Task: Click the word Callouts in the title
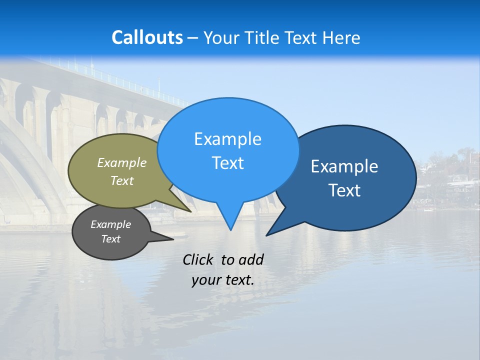147,37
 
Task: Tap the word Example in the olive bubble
122,162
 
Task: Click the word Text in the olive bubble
122,180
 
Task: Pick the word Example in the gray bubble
111,224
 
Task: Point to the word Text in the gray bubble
111,239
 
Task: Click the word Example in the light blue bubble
227,139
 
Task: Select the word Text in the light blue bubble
227,163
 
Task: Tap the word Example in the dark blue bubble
344,166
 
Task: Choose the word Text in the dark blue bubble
344,190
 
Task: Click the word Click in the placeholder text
199,259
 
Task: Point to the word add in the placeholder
251,259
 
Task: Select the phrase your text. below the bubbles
223,280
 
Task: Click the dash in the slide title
193,38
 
